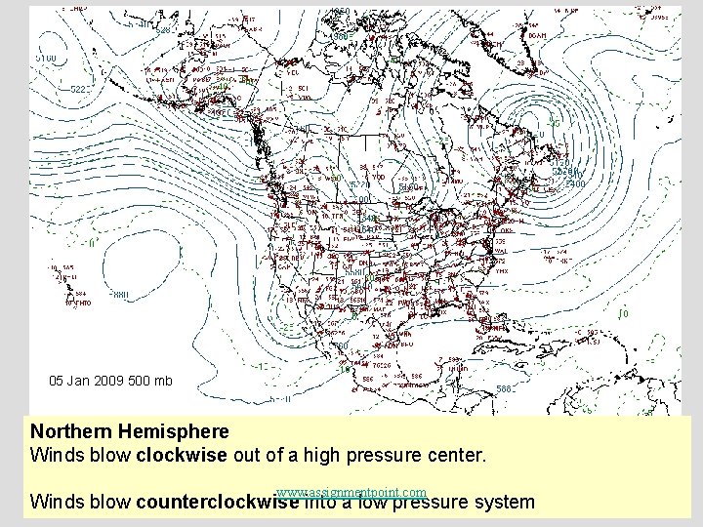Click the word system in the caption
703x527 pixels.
503,503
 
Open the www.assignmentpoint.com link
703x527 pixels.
351,491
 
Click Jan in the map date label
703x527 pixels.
79,381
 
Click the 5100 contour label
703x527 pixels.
45,60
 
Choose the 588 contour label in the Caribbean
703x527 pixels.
504,388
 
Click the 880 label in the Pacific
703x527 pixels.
119,293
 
